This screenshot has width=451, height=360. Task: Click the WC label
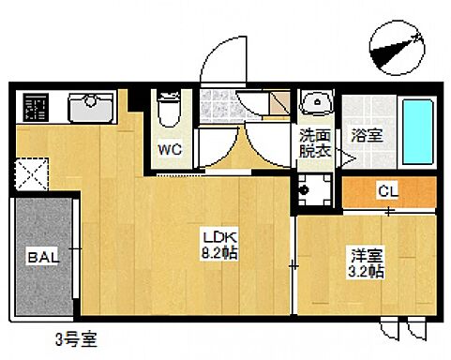click(170, 148)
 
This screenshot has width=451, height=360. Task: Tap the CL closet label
click(387, 191)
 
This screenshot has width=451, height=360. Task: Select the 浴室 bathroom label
click(365, 134)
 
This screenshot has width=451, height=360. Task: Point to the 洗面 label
click(314, 134)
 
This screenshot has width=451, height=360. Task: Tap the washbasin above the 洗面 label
click(315, 102)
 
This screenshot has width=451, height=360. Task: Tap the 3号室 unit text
click(76, 334)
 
